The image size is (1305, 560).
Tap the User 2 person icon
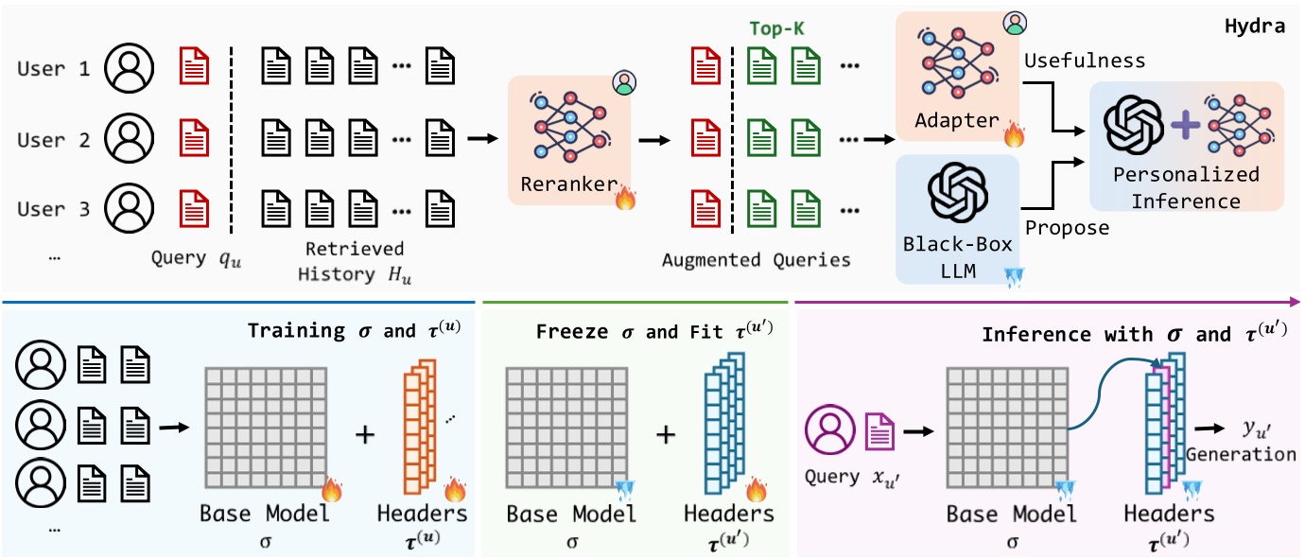[x=129, y=139]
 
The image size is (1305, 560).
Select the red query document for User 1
[x=194, y=68]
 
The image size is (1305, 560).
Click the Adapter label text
[x=956, y=121]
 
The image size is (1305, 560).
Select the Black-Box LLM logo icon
[x=957, y=195]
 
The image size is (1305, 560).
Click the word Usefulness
[x=1085, y=61]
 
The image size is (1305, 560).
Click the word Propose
[x=1068, y=228]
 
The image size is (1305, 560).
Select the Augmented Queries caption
[x=756, y=259]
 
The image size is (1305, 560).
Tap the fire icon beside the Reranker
[x=626, y=199]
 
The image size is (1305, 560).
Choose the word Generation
[x=1241, y=454]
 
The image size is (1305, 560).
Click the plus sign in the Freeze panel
[x=667, y=434]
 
